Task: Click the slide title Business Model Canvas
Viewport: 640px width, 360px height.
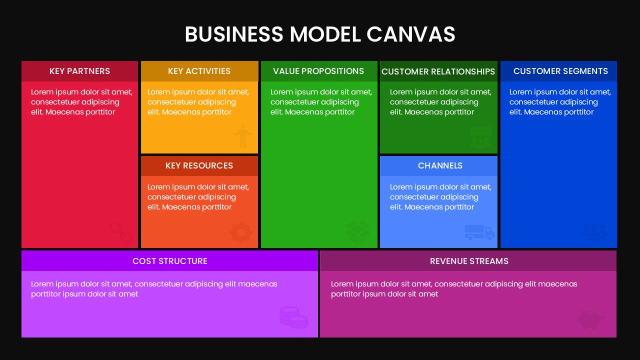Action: (x=320, y=34)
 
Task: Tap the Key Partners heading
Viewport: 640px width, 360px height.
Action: (x=79, y=71)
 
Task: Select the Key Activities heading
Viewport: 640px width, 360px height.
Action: (x=199, y=71)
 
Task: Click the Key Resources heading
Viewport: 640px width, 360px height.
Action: (x=199, y=165)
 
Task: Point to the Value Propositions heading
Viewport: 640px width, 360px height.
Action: (x=318, y=71)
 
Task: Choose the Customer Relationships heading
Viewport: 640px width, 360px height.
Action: (x=438, y=71)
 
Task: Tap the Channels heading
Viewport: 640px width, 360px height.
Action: (x=440, y=165)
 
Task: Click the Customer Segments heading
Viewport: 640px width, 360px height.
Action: (x=560, y=71)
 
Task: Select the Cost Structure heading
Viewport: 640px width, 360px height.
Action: (x=169, y=261)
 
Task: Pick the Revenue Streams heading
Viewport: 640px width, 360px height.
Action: (x=469, y=261)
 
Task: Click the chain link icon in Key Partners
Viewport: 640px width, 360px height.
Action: (x=120, y=232)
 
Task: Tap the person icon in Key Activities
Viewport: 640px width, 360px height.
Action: (x=242, y=136)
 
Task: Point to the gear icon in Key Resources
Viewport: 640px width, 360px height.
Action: (x=240, y=232)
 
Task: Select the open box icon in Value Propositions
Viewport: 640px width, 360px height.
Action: (x=358, y=232)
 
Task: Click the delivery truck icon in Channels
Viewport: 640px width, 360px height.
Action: (x=479, y=232)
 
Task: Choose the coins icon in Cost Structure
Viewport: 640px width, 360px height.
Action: (x=293, y=317)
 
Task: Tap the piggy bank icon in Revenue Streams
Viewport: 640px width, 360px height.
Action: (x=590, y=319)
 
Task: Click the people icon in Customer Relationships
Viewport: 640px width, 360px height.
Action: (x=480, y=138)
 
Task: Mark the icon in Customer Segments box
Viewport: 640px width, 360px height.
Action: (x=594, y=232)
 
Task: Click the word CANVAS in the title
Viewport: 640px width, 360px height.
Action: (x=410, y=34)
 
